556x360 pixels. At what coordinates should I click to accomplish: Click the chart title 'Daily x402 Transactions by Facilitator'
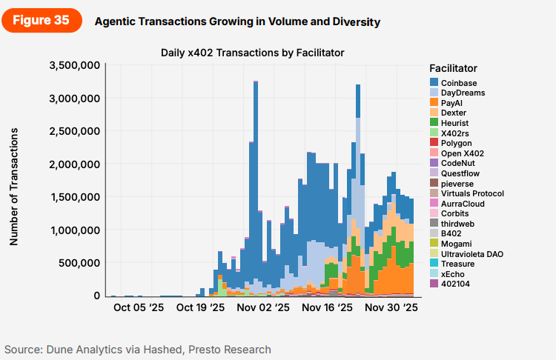(x=253, y=52)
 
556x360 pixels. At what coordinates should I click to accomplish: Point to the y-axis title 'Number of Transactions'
(x=13, y=186)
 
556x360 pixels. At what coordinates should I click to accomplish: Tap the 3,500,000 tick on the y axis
(x=74, y=65)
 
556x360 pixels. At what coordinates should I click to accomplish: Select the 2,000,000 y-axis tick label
(x=74, y=164)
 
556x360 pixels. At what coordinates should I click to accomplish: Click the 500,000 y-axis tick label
(x=80, y=264)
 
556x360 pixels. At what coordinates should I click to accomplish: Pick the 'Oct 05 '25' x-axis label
(x=139, y=307)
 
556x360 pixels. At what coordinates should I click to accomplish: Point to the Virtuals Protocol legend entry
(x=472, y=193)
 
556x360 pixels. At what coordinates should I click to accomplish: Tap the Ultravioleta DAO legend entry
(x=471, y=254)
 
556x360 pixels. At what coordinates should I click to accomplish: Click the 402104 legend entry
(x=454, y=284)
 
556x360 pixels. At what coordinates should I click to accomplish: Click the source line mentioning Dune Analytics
(x=138, y=349)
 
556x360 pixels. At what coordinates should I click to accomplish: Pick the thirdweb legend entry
(x=457, y=224)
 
